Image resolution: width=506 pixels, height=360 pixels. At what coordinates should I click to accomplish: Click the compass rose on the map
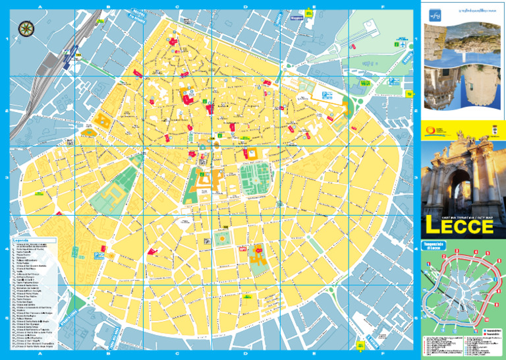pyautogui.click(x=27, y=28)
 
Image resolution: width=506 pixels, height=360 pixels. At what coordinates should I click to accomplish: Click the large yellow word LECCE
pyautogui.click(x=459, y=226)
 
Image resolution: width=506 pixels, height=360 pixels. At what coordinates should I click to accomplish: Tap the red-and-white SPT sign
pyautogui.click(x=242, y=249)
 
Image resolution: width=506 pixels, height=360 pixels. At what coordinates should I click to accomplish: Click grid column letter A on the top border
pyautogui.click(x=40, y=7)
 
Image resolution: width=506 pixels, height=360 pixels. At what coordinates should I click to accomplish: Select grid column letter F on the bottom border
pyautogui.click(x=383, y=354)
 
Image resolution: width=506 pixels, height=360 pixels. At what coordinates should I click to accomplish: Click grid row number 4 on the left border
pyautogui.click(x=6, y=249)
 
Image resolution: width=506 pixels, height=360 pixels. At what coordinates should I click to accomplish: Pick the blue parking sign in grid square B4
pyautogui.click(x=96, y=254)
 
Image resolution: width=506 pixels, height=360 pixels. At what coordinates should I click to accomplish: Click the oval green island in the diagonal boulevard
pyautogui.click(x=314, y=245)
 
